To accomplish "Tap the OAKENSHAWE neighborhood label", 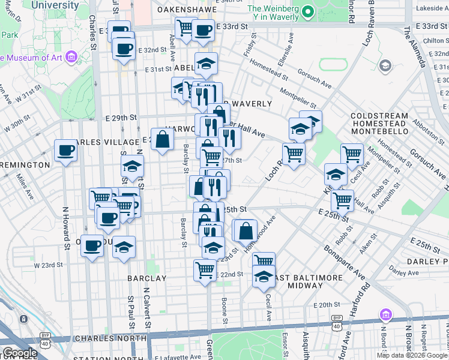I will click(x=186, y=10).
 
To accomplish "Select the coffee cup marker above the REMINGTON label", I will click(x=65, y=151).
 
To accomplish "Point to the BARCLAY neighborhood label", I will click(x=146, y=278).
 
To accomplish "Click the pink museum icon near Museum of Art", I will click(x=71, y=58).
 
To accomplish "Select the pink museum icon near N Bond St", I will click(x=385, y=315).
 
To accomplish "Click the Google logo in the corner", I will click(x=19, y=353).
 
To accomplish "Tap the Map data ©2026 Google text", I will click(x=412, y=355).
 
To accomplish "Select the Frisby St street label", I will click(x=252, y=47).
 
